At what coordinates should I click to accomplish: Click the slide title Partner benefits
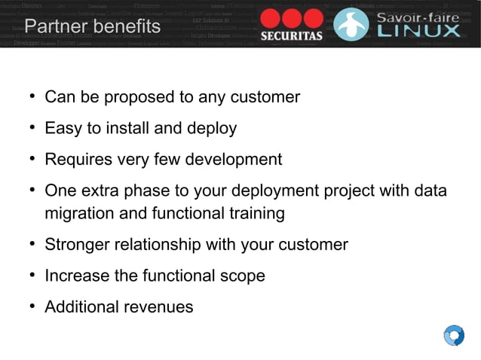pyautogui.click(x=92, y=27)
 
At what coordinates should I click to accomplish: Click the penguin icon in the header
pyautogui.click(x=351, y=24)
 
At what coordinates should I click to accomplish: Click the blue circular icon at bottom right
pyautogui.click(x=454, y=335)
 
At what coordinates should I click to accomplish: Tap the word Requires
pyautogui.click(x=76, y=160)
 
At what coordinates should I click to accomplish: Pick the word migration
pyautogui.click(x=79, y=214)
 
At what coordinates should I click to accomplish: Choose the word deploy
pyautogui.click(x=216, y=130)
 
